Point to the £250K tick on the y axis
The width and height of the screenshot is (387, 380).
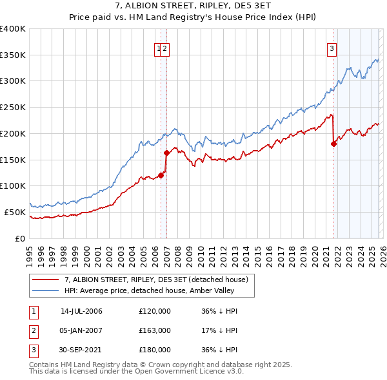(x=13, y=108)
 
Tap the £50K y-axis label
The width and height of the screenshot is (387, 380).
(x=15, y=212)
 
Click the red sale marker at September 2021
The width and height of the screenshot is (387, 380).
(x=333, y=144)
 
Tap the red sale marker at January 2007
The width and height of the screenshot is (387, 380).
(x=166, y=153)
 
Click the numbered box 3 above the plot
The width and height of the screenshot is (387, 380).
(x=332, y=47)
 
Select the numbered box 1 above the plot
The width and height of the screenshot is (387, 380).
(x=158, y=47)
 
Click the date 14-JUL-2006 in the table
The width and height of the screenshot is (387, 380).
(x=81, y=311)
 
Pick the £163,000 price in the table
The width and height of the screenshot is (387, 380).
(x=155, y=330)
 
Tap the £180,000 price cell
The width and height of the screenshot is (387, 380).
(x=155, y=350)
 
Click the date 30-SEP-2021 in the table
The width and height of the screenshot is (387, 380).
(x=81, y=350)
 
